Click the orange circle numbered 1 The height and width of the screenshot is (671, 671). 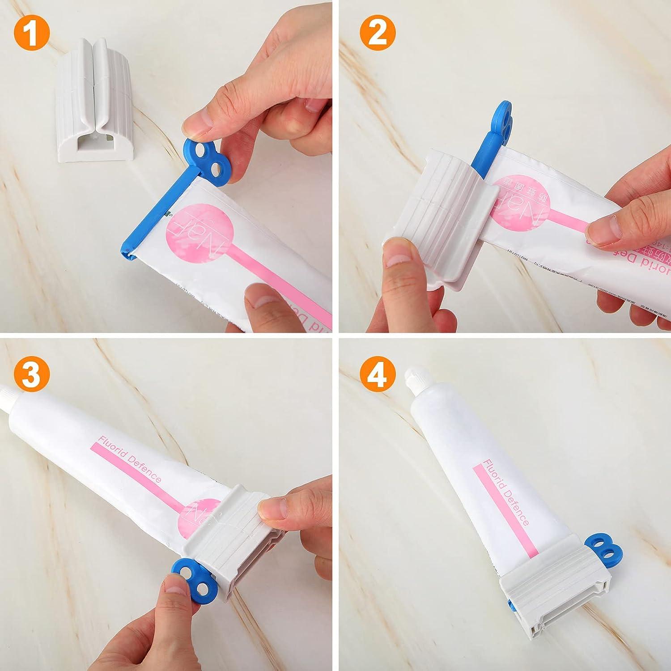[31, 32]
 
